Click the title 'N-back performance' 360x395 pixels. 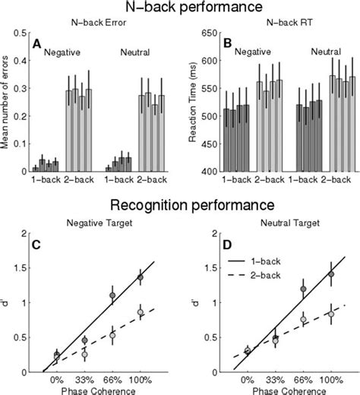[179, 8]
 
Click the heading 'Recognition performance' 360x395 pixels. [179, 205]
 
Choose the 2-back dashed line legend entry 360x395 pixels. [255, 265]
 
